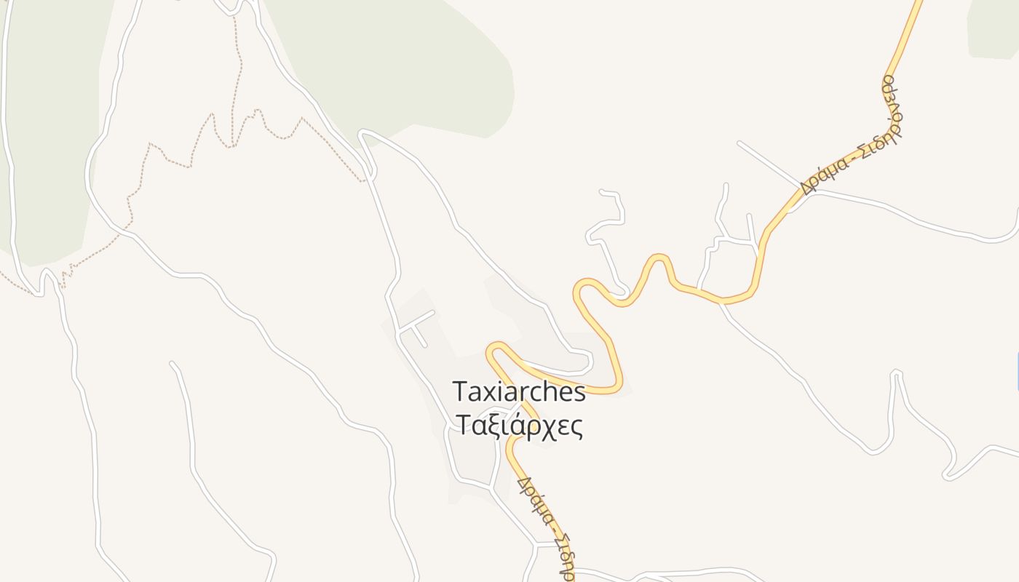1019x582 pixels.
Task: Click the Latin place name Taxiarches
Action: (x=519, y=391)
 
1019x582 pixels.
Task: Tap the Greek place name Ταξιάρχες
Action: (x=519, y=425)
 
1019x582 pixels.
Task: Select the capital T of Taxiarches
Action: (x=460, y=391)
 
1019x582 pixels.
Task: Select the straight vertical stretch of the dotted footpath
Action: (x=234, y=73)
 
